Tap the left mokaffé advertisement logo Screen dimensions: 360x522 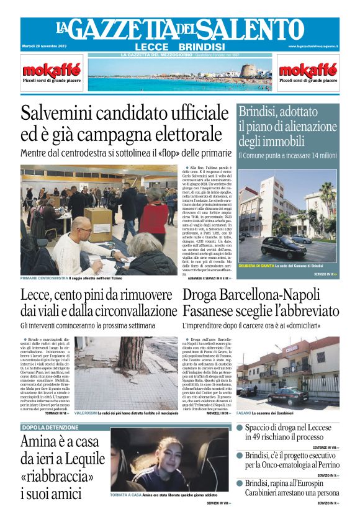pos(52,70)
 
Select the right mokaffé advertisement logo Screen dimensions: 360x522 pos(308,70)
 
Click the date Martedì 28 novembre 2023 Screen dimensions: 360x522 pos(44,47)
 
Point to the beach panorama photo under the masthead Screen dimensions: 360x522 pos(180,75)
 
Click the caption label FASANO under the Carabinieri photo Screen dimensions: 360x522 pos(244,412)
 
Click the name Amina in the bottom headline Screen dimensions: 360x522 pos(45,443)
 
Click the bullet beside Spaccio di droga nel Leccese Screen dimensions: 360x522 pos(240,428)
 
